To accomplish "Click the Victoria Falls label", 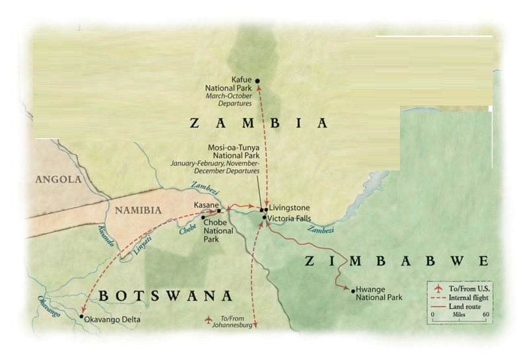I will pos(291,217).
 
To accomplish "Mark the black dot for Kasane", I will pos(218,211).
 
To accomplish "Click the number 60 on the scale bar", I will pos(485,315).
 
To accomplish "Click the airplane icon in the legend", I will pos(437,289).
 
